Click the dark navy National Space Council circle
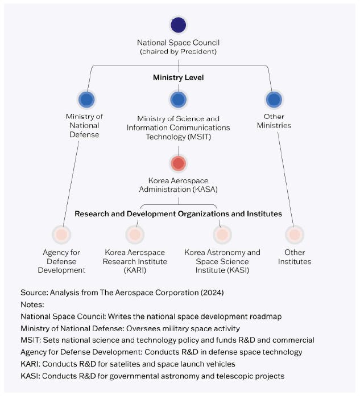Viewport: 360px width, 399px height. (178, 25)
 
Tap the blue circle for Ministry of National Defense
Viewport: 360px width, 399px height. (87, 100)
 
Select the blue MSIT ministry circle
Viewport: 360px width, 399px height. (178, 100)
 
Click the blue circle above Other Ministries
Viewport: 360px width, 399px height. (274, 100)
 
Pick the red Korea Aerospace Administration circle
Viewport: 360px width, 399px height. (178, 163)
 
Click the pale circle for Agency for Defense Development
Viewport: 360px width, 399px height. (61, 234)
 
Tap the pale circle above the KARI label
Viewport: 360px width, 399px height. (134, 234)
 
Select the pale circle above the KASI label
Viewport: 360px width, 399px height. (222, 234)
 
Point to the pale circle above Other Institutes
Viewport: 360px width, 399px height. (294, 234)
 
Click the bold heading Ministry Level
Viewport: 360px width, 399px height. (178, 77)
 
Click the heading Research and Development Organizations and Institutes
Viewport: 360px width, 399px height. (178, 214)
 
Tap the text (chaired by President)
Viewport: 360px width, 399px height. (178, 52)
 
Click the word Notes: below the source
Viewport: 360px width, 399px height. (32, 305)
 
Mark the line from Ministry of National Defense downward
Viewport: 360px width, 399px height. (74, 182)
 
